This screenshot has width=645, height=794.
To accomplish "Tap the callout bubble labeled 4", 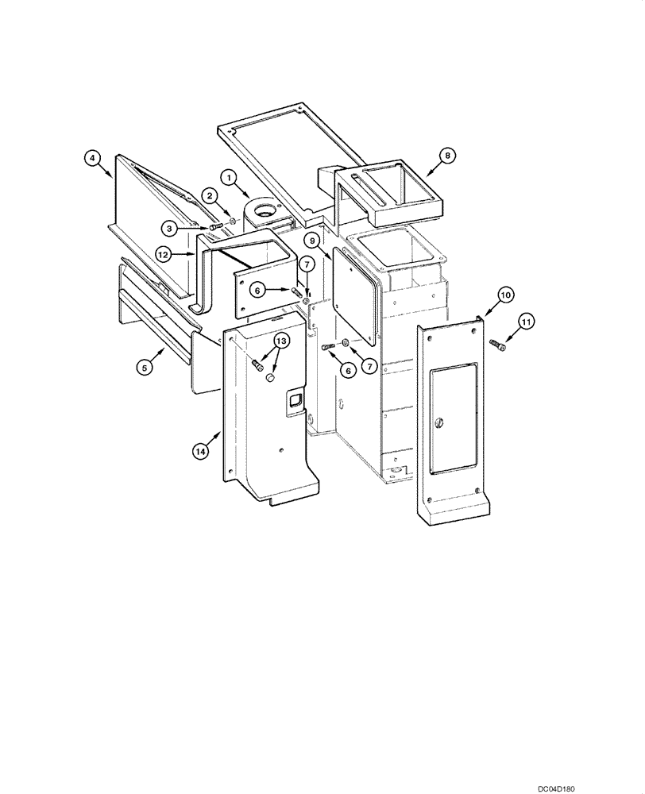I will pos(93,159).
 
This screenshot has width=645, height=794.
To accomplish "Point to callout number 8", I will pos(448,156).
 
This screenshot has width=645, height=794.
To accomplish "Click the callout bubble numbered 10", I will pos(505,294).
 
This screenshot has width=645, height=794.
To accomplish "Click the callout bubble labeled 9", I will pos(312,241).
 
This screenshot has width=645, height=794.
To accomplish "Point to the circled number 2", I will pos(210,195).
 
